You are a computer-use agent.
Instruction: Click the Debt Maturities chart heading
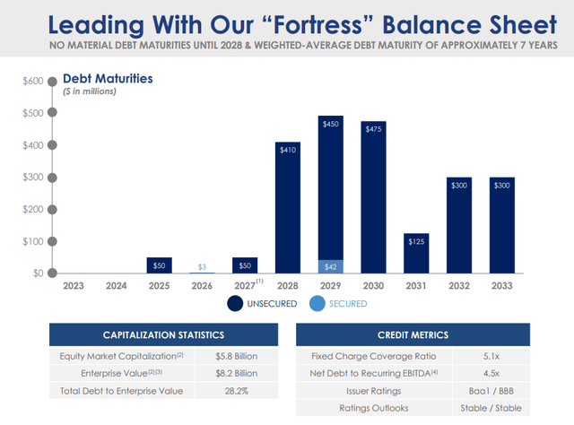click(114, 79)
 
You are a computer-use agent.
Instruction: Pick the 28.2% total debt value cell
click(236, 390)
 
